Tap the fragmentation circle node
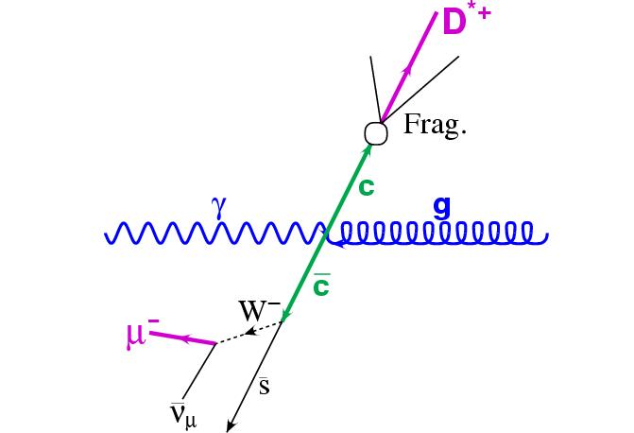(376, 133)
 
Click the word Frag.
(435, 126)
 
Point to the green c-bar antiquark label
(320, 284)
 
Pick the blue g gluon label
(440, 207)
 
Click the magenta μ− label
(142, 333)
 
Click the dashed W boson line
(249, 332)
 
